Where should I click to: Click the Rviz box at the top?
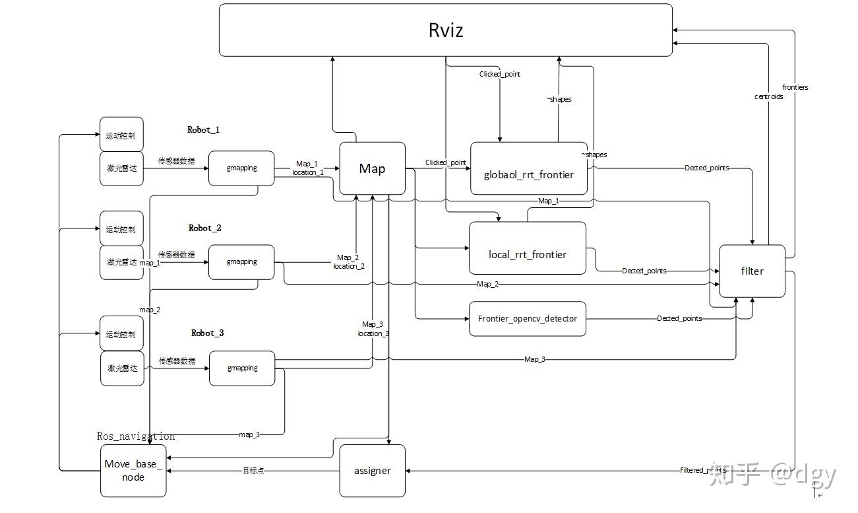445,30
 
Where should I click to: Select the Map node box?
372,169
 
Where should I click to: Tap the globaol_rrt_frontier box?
528,175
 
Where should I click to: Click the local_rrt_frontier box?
527,254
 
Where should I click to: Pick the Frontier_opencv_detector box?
527,318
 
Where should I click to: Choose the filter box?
752,271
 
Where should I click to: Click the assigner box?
372,471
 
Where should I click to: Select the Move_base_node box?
133,470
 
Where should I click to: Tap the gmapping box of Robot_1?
241,168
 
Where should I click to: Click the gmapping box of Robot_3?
242,368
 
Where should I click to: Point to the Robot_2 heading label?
204,228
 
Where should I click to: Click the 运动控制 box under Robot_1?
121,135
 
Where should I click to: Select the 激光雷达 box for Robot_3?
122,368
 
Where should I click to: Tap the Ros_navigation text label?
136,436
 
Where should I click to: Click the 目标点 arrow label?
253,471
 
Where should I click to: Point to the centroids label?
768,96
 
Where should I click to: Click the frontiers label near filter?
795,87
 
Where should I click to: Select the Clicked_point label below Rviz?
499,74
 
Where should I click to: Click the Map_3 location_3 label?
373,329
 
